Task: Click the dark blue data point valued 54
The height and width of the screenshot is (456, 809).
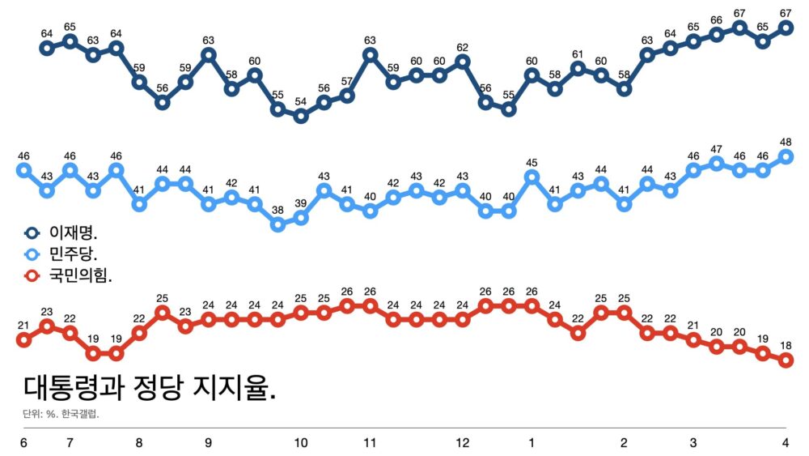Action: point(301,116)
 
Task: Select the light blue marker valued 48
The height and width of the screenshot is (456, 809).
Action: point(786,156)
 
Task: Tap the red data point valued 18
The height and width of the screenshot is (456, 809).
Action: point(786,360)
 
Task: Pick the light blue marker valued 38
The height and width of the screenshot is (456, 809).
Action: point(277,224)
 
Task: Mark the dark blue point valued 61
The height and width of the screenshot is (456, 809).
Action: point(578,69)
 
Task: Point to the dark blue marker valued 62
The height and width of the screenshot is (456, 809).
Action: point(463,62)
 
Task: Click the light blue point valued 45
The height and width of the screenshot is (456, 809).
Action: point(532,177)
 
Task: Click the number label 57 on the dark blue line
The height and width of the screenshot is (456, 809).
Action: point(347,81)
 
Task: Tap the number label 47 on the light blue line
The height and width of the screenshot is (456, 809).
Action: point(716,149)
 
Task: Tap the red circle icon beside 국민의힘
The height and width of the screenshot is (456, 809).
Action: point(33,276)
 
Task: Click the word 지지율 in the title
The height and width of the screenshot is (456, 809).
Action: point(235,389)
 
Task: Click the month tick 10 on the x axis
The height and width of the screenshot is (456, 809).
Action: point(301,443)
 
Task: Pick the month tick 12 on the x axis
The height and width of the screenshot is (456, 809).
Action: point(463,443)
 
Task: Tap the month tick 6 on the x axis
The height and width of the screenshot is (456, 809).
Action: point(23,443)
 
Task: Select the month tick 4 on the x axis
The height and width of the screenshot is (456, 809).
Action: point(786,443)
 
